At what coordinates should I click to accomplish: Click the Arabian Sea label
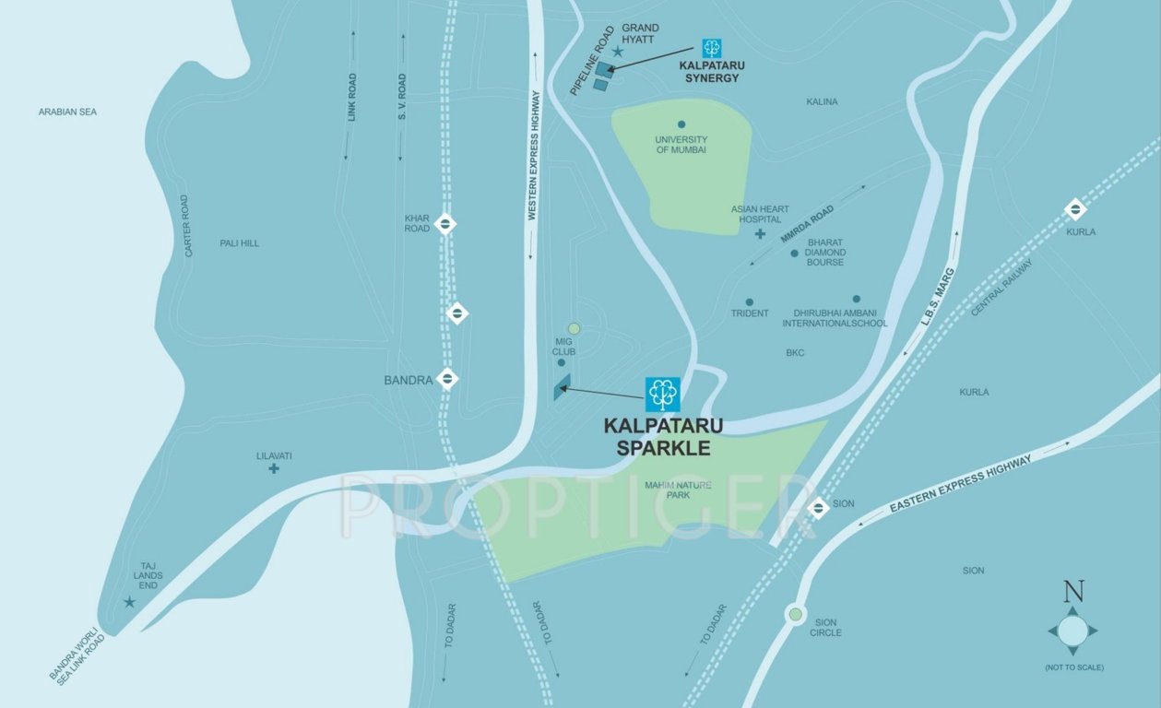pos(67,112)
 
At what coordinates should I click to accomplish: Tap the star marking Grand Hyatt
pos(618,52)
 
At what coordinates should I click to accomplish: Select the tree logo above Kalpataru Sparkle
pos(662,394)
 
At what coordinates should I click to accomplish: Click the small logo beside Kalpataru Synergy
pos(711,48)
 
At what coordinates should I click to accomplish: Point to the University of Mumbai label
pos(681,144)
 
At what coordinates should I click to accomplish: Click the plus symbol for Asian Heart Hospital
pos(760,234)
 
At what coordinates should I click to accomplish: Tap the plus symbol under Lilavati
pos(274,468)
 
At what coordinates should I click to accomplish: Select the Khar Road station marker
pos(444,223)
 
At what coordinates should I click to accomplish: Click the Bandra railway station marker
pos(448,377)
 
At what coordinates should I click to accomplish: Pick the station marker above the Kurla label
pos(1075,209)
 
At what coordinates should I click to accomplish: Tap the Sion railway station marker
pos(817,506)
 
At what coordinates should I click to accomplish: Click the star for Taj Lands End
pos(129,602)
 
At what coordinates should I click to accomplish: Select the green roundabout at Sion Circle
pos(794,613)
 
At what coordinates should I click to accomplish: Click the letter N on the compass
pos(1073,591)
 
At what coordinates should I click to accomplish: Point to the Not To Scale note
pos(1073,667)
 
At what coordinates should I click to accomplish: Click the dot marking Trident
pos(749,301)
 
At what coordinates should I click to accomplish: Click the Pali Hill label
pos(239,242)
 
